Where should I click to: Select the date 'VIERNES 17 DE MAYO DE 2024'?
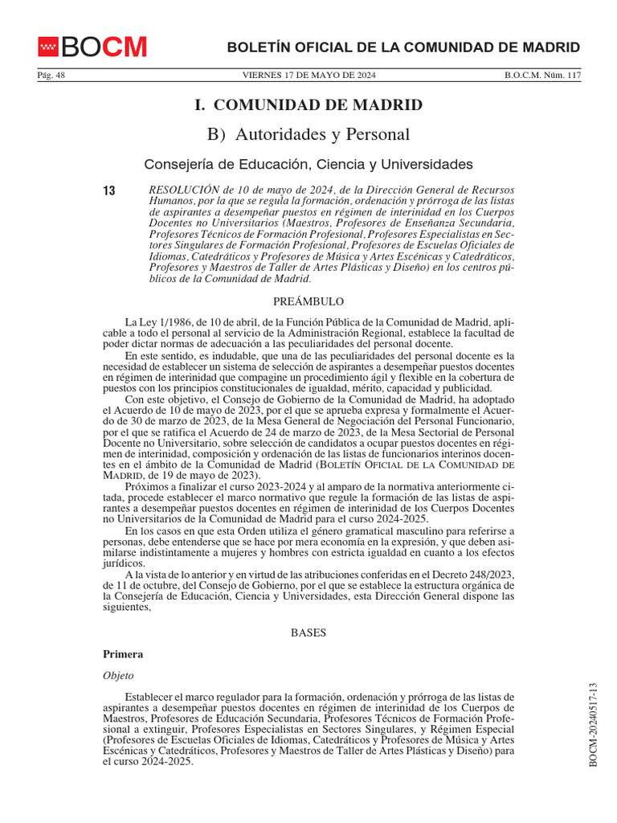coord(308,76)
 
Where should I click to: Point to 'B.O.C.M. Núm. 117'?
coord(542,76)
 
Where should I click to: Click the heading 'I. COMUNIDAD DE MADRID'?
coord(308,105)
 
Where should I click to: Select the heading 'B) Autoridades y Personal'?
coord(308,134)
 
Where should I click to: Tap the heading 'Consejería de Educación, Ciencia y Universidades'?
coord(308,165)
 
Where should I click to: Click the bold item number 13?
coord(109,190)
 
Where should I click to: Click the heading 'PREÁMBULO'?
coord(308,301)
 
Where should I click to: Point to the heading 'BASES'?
coord(308,633)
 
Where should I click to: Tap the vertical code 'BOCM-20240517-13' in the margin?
coord(595,724)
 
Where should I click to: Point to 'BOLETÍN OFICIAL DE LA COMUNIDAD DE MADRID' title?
coord(403,47)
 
